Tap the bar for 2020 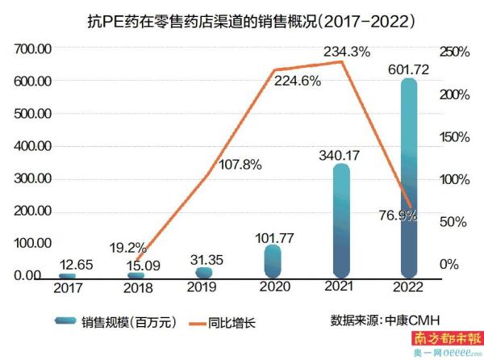point(273,260)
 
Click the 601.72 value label point(410,68)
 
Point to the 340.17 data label point(339,154)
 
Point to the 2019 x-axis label point(204,287)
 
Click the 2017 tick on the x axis point(69,287)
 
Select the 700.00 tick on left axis point(33,50)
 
